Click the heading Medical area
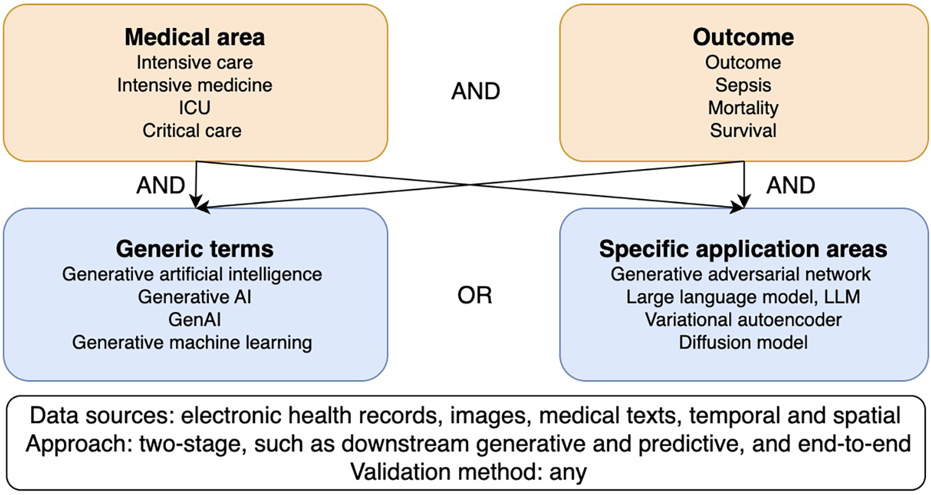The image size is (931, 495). pos(195,37)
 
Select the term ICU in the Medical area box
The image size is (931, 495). pos(195,107)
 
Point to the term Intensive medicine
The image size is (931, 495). pos(195,84)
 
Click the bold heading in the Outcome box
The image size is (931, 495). pos(743,37)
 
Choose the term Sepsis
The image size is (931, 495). pos(743,84)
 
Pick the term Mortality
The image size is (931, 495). pos(743,107)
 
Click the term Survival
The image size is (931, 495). pos(743,130)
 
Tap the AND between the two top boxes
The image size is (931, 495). pos(475,93)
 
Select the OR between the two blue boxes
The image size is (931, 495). pos(475,296)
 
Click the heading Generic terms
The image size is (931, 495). pos(195,249)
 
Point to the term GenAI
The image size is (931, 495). pos(195,319)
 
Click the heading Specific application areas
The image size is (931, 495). pos(743,249)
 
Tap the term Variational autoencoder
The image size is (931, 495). pos(743,319)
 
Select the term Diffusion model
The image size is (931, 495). pos(743,342)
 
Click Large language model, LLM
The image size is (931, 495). pos(743,296)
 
